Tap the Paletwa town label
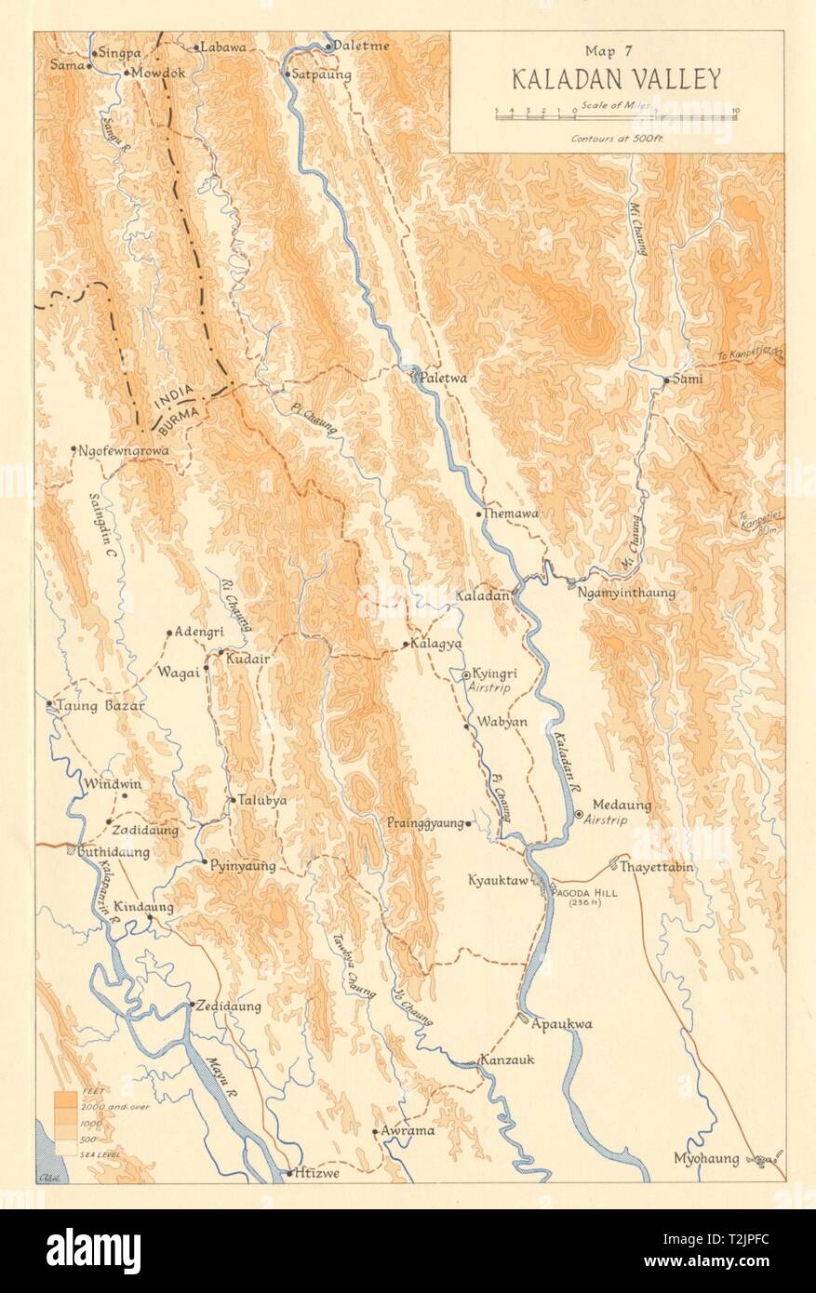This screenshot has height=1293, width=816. [x=443, y=380]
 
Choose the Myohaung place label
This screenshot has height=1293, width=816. [x=707, y=1158]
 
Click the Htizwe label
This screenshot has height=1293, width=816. [x=317, y=1173]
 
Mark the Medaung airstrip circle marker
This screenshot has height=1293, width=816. [x=579, y=814]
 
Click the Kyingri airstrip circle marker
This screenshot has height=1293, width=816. [x=466, y=674]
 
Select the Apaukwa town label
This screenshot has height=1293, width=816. [x=562, y=1024]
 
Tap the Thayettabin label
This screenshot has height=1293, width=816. [x=658, y=867]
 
